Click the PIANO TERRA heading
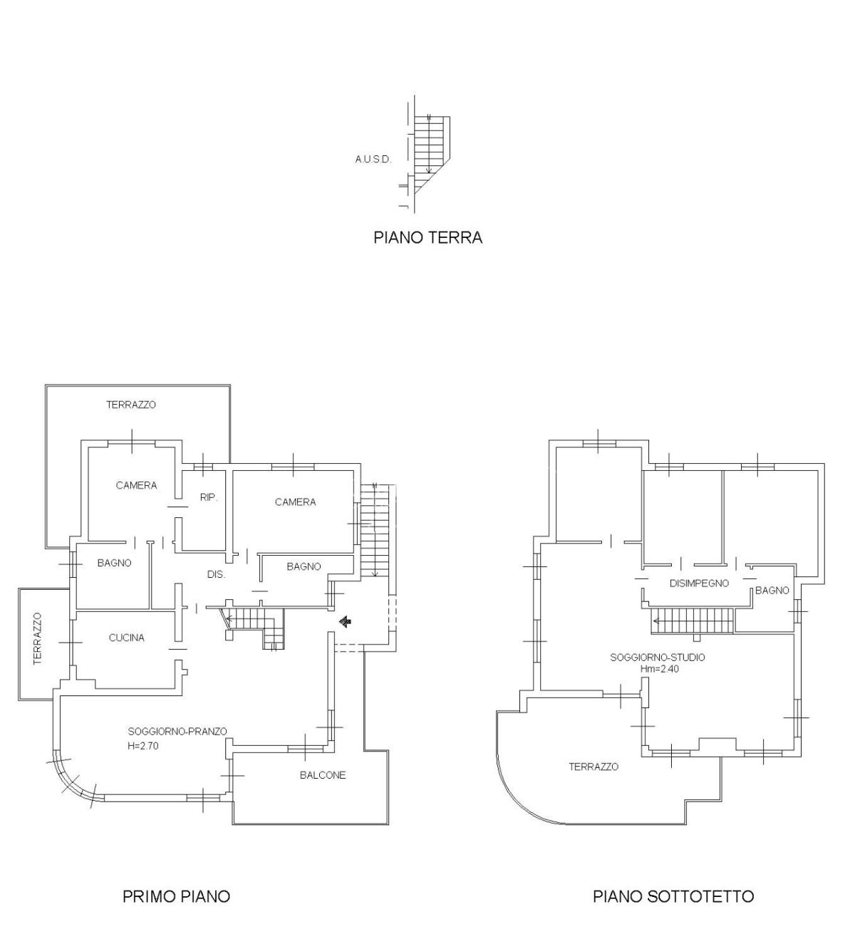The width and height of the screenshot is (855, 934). coord(427,237)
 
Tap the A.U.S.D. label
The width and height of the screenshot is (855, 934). coord(373,160)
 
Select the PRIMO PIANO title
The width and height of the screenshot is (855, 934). coord(176,896)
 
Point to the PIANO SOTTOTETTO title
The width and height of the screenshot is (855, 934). coord(673,896)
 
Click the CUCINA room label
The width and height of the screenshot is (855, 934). coord(126,638)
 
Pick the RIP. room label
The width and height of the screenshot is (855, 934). coord(209,497)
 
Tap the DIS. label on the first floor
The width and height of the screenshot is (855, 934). coord(216,574)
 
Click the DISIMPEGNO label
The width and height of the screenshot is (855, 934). coord(699,583)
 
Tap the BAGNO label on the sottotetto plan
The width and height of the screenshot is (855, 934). coord(772,591)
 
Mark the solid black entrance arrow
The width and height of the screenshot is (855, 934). coord(345,621)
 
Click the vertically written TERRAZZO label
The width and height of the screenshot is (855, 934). coord(37,638)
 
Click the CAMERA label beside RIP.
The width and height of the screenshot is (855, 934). coord(136,486)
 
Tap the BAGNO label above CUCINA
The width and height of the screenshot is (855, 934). coord(114,563)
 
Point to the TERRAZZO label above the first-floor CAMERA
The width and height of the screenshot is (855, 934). coord(131,405)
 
